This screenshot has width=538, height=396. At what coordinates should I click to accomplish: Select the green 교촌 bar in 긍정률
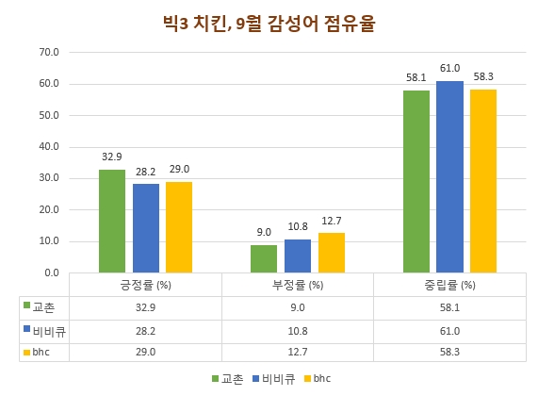click(x=112, y=221)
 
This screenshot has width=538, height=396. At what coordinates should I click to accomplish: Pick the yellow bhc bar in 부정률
click(x=332, y=253)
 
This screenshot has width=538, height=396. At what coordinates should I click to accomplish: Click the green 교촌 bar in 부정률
click(x=264, y=258)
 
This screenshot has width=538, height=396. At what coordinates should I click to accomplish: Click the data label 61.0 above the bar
click(x=449, y=69)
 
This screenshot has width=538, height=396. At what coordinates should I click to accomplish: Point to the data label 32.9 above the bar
click(x=112, y=157)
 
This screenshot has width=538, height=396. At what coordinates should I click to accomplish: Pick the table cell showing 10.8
click(x=298, y=331)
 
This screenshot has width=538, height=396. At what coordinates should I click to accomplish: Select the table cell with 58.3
click(x=449, y=353)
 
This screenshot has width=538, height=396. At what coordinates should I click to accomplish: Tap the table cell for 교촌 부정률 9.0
click(x=298, y=308)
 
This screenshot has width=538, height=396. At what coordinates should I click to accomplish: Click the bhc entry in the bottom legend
click(x=318, y=379)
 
